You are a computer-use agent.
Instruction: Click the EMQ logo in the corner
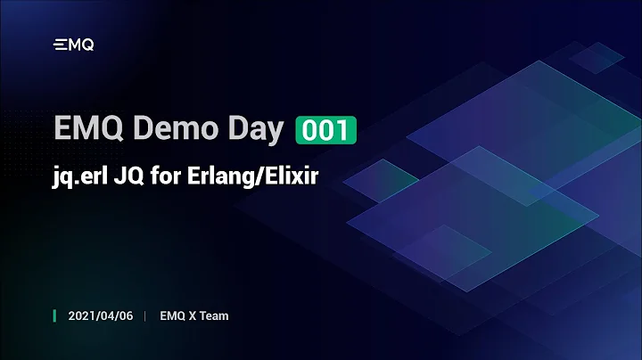74,45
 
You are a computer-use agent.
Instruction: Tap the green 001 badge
325,130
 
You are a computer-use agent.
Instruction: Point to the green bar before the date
55,316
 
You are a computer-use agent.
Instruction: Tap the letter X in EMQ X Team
190,316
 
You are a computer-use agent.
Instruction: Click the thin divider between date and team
145,316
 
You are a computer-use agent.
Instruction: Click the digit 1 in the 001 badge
343,130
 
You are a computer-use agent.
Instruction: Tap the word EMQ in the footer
171,316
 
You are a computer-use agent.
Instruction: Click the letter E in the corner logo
60,45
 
